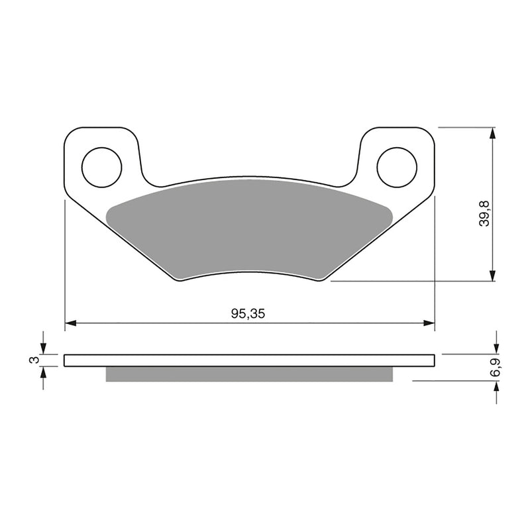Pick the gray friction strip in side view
(249, 374)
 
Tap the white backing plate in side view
(249, 360)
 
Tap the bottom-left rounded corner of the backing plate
(177, 279)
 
